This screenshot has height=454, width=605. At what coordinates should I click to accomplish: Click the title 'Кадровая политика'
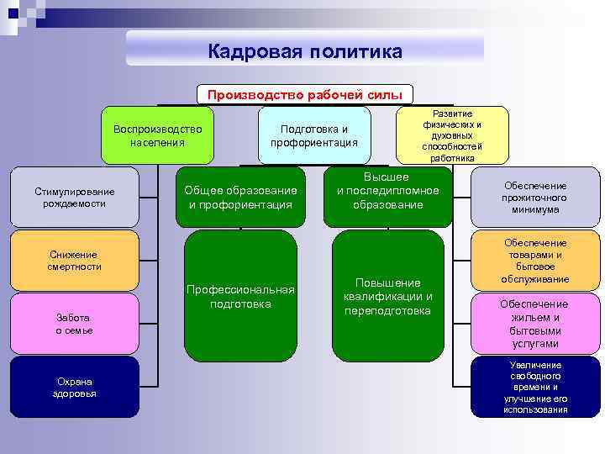pos(305,51)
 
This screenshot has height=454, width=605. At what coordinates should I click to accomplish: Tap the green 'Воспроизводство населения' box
pos(158,135)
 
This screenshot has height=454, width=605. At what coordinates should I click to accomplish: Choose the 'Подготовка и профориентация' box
pos(314,135)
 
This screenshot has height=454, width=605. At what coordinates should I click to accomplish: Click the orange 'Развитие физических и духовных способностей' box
pos(452,135)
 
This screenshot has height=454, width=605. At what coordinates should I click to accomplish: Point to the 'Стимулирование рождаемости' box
pos(75,198)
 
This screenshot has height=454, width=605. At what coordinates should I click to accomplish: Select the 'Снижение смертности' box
pos(75,261)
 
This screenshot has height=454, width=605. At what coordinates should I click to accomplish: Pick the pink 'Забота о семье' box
pos(75,324)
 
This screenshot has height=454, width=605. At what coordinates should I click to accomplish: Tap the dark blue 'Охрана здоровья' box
pos(75,387)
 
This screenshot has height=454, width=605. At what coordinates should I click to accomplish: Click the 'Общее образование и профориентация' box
pos(240,198)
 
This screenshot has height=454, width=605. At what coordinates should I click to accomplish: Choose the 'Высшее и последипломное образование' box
pos(387,192)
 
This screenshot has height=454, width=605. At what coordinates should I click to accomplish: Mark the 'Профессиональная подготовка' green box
pos(240,296)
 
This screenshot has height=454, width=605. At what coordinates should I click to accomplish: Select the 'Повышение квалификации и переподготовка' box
pos(387,296)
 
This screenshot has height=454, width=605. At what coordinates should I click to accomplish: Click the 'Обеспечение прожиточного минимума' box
pos(535,198)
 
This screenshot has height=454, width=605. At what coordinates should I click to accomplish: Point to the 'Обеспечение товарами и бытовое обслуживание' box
pos(535,261)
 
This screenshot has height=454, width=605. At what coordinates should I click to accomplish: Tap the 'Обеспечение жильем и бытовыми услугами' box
pos(535,324)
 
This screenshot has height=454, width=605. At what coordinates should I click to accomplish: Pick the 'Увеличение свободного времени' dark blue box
pos(535,387)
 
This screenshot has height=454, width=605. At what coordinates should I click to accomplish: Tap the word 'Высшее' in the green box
pos(387,177)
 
